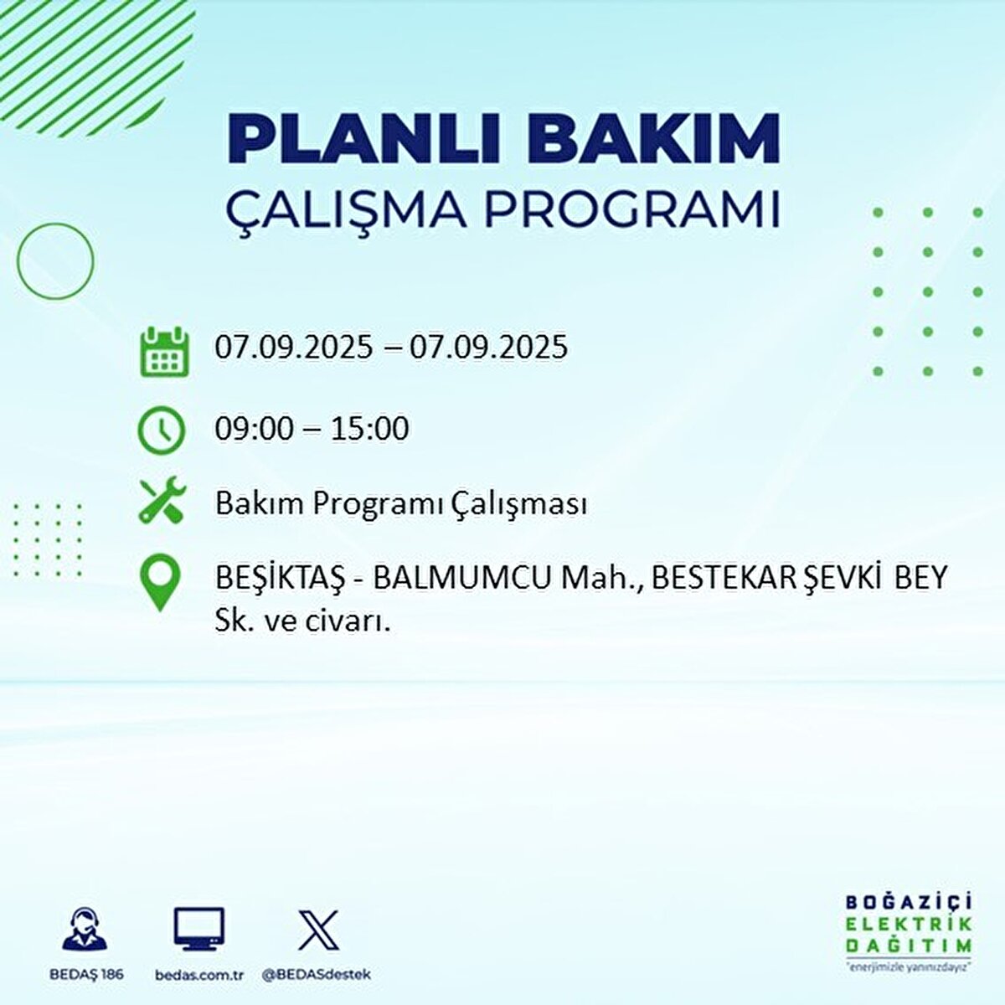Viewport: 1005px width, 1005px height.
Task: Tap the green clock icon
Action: (x=162, y=430)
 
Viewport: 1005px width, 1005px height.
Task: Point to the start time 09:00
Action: (x=255, y=429)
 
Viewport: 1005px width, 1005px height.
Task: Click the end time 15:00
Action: (x=369, y=429)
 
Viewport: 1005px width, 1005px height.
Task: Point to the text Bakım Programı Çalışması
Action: (x=400, y=504)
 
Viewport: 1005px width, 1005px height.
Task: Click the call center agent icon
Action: (x=85, y=930)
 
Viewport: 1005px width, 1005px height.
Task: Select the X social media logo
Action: (x=318, y=930)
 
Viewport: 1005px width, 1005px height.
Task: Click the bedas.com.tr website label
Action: (x=199, y=975)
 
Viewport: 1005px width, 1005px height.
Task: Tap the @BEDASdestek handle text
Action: (x=317, y=975)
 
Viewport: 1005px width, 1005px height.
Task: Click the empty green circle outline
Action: (x=55, y=260)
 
